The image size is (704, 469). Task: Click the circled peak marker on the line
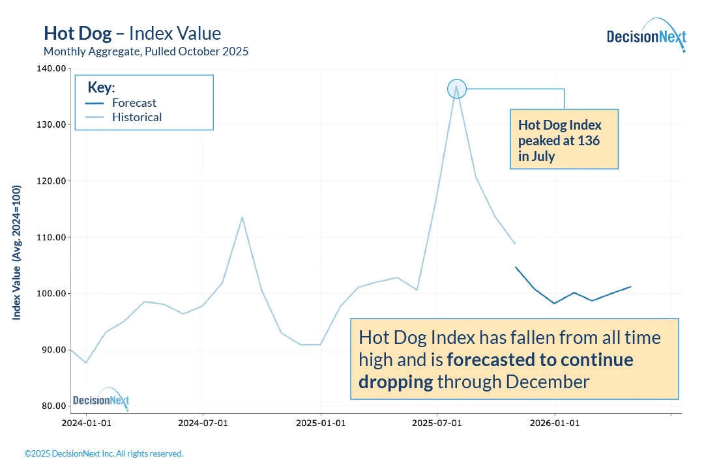coord(457,89)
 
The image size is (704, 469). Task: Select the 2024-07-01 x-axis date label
coord(203,422)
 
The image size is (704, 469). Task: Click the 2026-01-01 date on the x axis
coord(555,422)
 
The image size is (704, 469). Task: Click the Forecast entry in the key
coord(134,103)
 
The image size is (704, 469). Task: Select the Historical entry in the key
coord(136,117)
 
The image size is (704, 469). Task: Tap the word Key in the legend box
coord(100,87)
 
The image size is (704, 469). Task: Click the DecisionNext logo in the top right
coord(645,36)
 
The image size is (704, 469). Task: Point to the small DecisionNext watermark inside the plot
coord(101,400)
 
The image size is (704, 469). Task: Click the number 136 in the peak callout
coord(589,140)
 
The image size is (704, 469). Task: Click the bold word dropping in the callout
coord(396,382)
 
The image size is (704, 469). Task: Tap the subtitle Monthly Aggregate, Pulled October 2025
coord(145,51)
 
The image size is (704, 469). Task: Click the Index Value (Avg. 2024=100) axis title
coord(17,252)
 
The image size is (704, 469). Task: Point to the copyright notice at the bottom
coord(104,453)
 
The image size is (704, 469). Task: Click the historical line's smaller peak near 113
coord(242,217)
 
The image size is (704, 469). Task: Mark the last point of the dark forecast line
coord(630,287)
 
